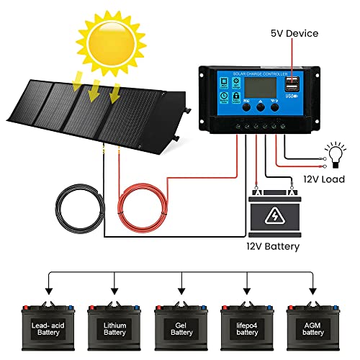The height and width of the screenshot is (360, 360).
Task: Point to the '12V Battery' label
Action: [x=272, y=246]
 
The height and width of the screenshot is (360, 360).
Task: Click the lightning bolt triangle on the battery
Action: [x=272, y=216]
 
